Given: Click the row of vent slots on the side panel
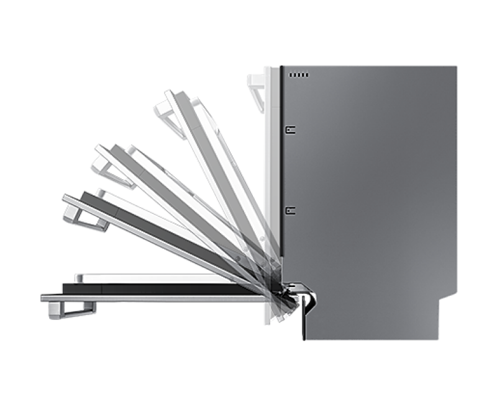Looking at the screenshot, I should pyautogui.click(x=298, y=75).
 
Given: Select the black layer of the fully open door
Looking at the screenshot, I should pyautogui.click(x=155, y=289).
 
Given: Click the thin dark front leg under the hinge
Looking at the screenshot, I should pyautogui.click(x=303, y=322).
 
